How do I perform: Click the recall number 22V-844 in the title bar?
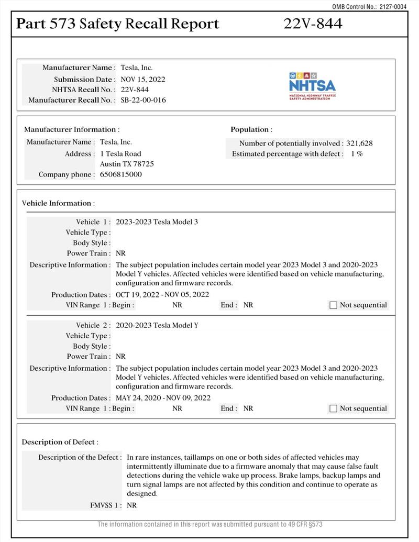(x=313, y=24)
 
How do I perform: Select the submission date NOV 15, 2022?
(x=143, y=79)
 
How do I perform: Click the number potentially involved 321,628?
(x=360, y=143)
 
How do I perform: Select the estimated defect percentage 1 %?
(x=357, y=154)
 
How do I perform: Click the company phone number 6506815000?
(x=120, y=174)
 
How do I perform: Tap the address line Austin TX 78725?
(x=127, y=164)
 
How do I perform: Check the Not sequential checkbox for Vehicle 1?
(x=333, y=305)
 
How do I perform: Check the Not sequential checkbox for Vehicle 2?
(x=333, y=408)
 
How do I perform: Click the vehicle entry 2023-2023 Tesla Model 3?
(x=157, y=222)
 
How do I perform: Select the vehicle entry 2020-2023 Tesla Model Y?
(x=157, y=325)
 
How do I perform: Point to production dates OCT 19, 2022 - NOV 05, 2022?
(x=162, y=295)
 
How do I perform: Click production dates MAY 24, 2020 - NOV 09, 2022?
(x=163, y=398)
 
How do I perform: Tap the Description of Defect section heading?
(x=60, y=443)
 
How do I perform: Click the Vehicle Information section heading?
(x=58, y=203)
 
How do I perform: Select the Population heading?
(x=251, y=129)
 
